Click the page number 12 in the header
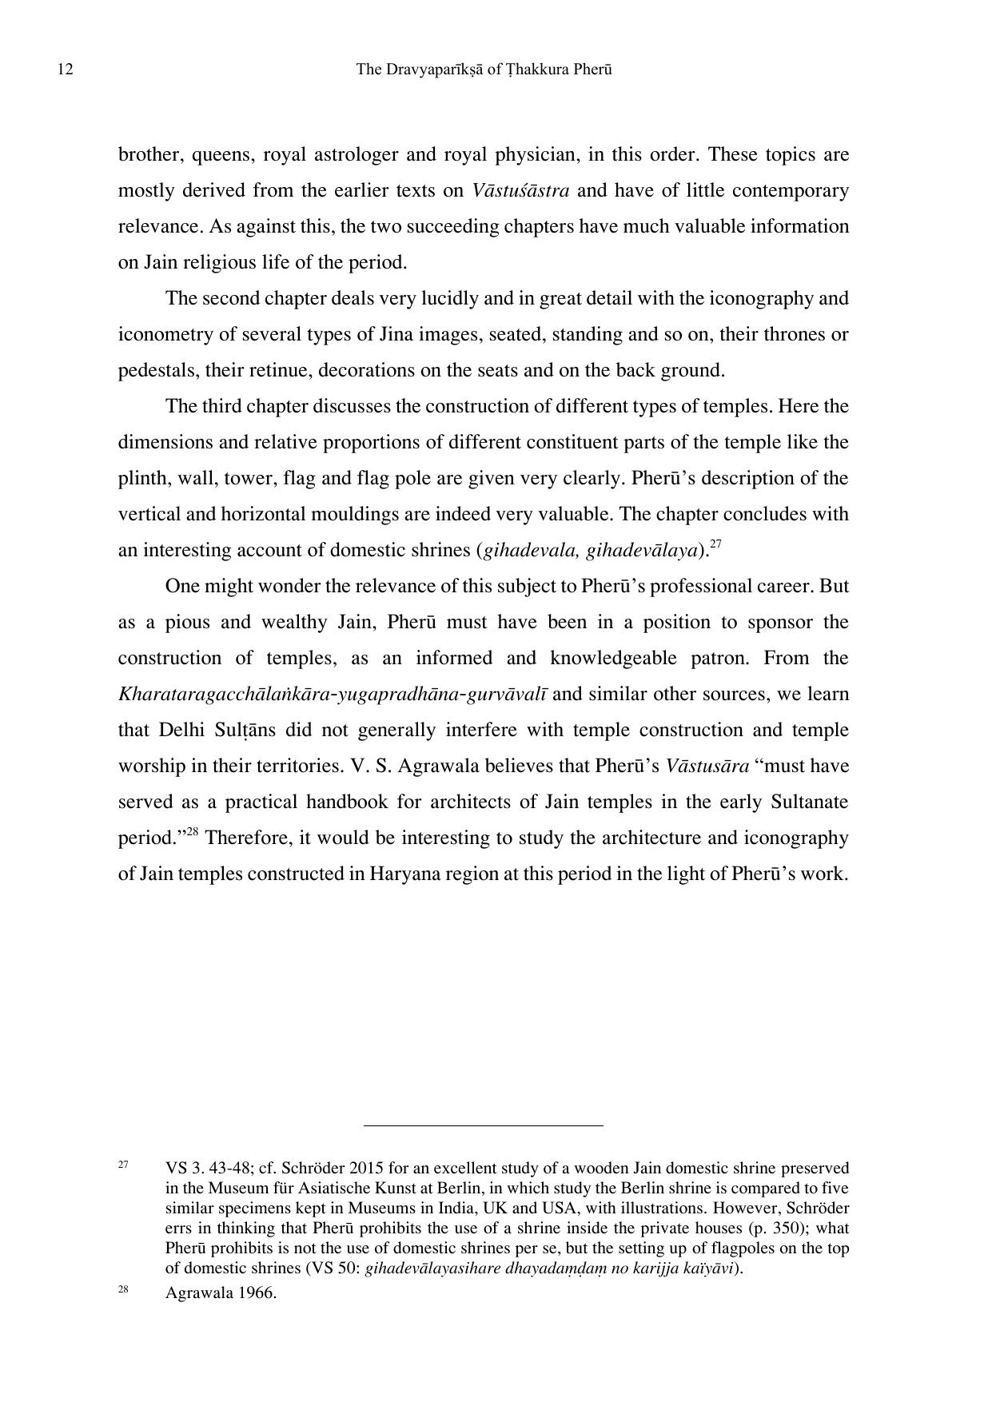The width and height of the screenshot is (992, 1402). (x=66, y=70)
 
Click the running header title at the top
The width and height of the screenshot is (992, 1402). (x=484, y=70)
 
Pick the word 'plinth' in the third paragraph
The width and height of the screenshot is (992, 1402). (x=141, y=478)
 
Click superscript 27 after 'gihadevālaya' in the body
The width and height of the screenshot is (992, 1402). (x=715, y=544)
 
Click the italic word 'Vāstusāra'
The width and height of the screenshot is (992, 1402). (x=707, y=766)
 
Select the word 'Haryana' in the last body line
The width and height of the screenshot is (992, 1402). (x=402, y=874)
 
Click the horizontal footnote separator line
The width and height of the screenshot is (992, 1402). (x=483, y=1125)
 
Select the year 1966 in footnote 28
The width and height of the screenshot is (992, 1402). (x=257, y=1292)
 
